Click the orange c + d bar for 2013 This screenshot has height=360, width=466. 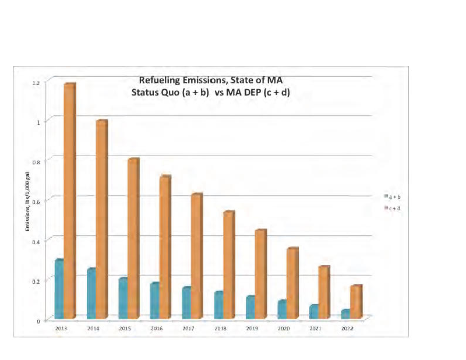(x=69, y=201)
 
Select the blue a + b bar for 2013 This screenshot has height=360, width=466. (x=59, y=289)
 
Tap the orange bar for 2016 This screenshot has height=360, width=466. (x=165, y=247)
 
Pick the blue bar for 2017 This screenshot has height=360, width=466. (x=186, y=303)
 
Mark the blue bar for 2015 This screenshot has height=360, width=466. (x=122, y=298)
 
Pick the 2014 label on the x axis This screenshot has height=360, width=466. (x=93, y=329)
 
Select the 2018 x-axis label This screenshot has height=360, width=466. (x=220, y=329)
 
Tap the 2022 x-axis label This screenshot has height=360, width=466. (x=347, y=329)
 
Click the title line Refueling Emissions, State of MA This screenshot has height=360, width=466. (x=210, y=80)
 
